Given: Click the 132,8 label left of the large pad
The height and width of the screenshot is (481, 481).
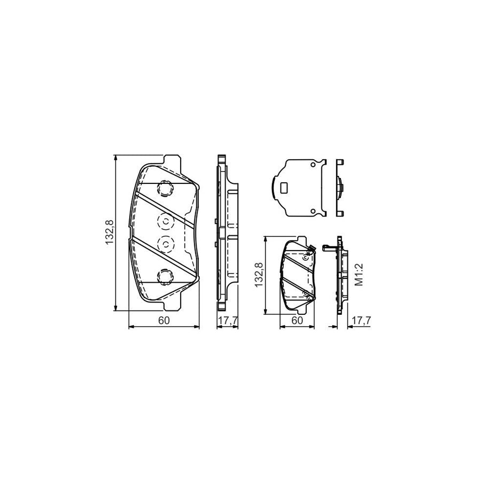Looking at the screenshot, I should point(110,233).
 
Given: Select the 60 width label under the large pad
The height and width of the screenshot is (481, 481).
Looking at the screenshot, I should point(164,321).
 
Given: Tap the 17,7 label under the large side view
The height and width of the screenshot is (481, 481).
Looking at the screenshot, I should point(227,321).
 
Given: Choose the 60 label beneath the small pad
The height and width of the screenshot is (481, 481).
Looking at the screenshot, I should point(298,321).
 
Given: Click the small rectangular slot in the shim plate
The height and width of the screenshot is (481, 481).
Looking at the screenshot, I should point(284,188).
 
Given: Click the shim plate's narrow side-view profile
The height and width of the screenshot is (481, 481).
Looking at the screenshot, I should point(339,188).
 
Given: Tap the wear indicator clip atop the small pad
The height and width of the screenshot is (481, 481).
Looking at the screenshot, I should point(310,249).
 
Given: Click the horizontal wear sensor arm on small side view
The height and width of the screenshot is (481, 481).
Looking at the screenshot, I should point(331,247).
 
